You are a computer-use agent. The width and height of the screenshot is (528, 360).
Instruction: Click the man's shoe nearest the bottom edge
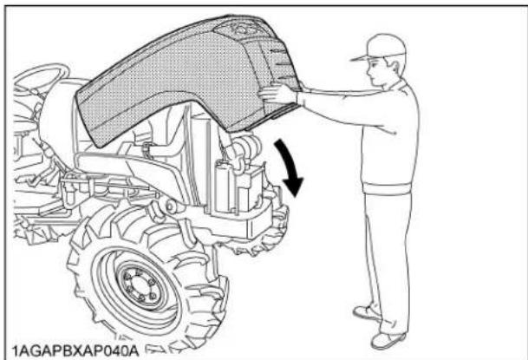tap(388, 338)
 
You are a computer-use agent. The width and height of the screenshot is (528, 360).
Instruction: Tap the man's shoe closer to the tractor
tap(365, 312)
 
